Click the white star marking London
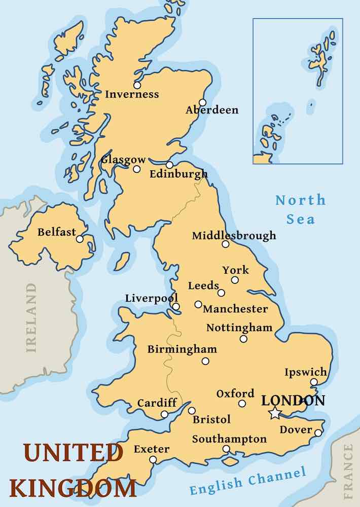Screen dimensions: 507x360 pyautogui.click(x=274, y=413)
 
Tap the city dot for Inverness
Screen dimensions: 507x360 pyautogui.click(x=137, y=85)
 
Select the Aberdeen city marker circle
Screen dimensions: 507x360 pyautogui.click(x=203, y=102)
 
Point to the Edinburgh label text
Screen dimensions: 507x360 pyautogui.click(x=178, y=174)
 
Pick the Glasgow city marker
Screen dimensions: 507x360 pyautogui.click(x=136, y=169)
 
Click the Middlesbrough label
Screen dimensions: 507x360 pyautogui.click(x=234, y=235)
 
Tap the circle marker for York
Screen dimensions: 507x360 pyautogui.click(x=235, y=280)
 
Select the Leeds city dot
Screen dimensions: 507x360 pyautogui.click(x=221, y=293)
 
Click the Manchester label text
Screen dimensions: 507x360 pyautogui.click(x=235, y=309)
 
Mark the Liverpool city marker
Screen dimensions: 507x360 pyautogui.click(x=175, y=306)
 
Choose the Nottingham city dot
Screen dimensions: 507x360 pyautogui.click(x=243, y=339)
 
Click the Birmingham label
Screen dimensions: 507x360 pyautogui.click(x=182, y=349)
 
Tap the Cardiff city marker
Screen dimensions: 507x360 pyautogui.click(x=164, y=414)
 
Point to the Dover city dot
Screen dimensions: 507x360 pyautogui.click(x=318, y=432)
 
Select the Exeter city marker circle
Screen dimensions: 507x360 pyautogui.click(x=153, y=459)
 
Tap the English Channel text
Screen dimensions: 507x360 pyautogui.click(x=248, y=482)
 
